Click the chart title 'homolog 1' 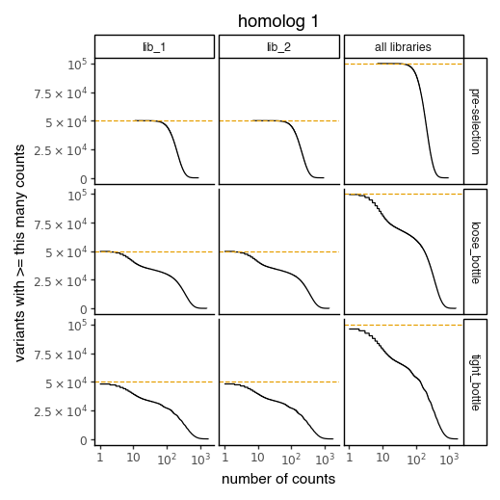click(279, 21)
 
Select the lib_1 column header click(154, 47)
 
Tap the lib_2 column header click(279, 47)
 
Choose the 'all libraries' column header click(404, 47)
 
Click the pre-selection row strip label click(475, 121)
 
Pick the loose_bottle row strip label click(475, 251)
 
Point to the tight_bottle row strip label click(475, 382)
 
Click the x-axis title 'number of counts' click(278, 479)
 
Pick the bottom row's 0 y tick click(85, 440)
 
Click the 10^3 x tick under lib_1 click(199, 461)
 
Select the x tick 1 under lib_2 click(224, 461)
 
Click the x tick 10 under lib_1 click(133, 461)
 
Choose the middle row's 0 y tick click(85, 309)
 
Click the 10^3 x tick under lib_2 click(324, 461)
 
